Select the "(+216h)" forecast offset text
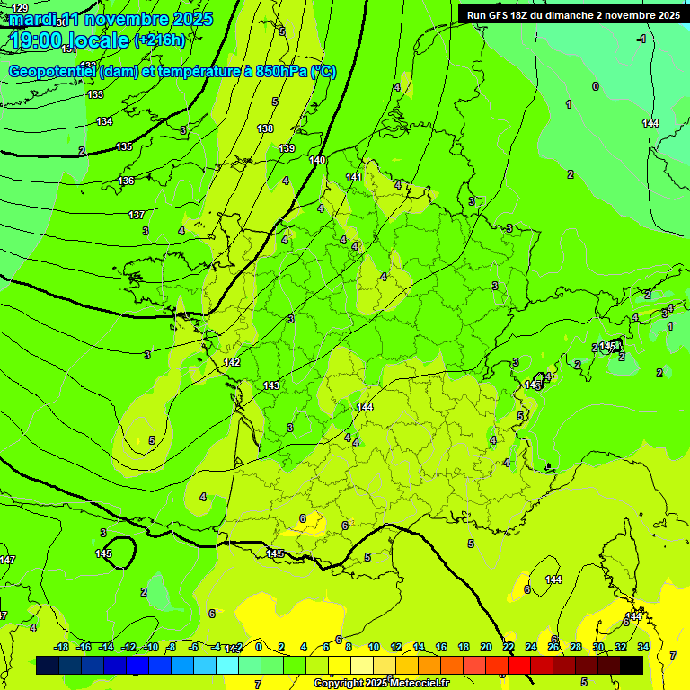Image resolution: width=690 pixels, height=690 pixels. click(x=160, y=40)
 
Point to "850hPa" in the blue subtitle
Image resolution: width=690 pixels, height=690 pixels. click(x=278, y=72)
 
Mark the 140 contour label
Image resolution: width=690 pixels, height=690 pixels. click(x=317, y=160)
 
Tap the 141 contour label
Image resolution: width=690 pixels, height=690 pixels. click(x=354, y=177)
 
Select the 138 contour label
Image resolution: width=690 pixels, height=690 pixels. click(x=265, y=128)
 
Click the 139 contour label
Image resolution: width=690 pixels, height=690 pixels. click(x=287, y=148)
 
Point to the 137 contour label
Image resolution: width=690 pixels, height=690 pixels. click(x=137, y=215)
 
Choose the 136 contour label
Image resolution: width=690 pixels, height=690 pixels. click(x=126, y=181)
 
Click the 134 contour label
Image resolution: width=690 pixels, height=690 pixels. click(x=105, y=121)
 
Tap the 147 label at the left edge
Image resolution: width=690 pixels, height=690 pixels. click(x=7, y=560)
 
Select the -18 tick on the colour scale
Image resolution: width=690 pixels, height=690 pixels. click(x=62, y=647)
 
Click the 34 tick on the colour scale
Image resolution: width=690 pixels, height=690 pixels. click(x=643, y=647)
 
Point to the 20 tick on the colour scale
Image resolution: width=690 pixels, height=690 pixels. click(x=486, y=647)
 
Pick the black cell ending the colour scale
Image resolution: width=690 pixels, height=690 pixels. click(x=632, y=665)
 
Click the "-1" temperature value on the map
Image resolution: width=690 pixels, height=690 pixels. click(x=641, y=39)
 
